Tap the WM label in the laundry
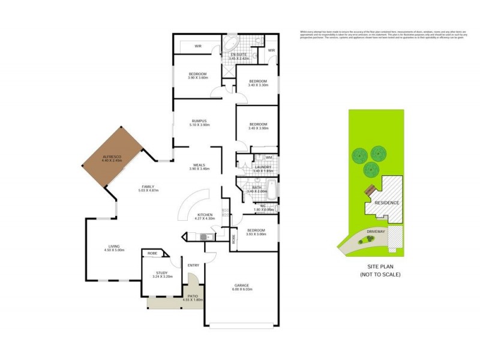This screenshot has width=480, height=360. point(269,158)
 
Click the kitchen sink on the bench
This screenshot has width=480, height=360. point(204,236)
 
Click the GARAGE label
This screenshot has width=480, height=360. point(241,285)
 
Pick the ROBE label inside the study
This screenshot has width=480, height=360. point(152,254)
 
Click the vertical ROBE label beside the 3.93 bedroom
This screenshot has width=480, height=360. point(234,238)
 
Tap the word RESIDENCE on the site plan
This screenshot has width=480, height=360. point(386,203)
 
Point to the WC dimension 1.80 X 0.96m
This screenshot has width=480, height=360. point(263,210)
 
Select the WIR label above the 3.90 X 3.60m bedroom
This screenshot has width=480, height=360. point(197,46)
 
